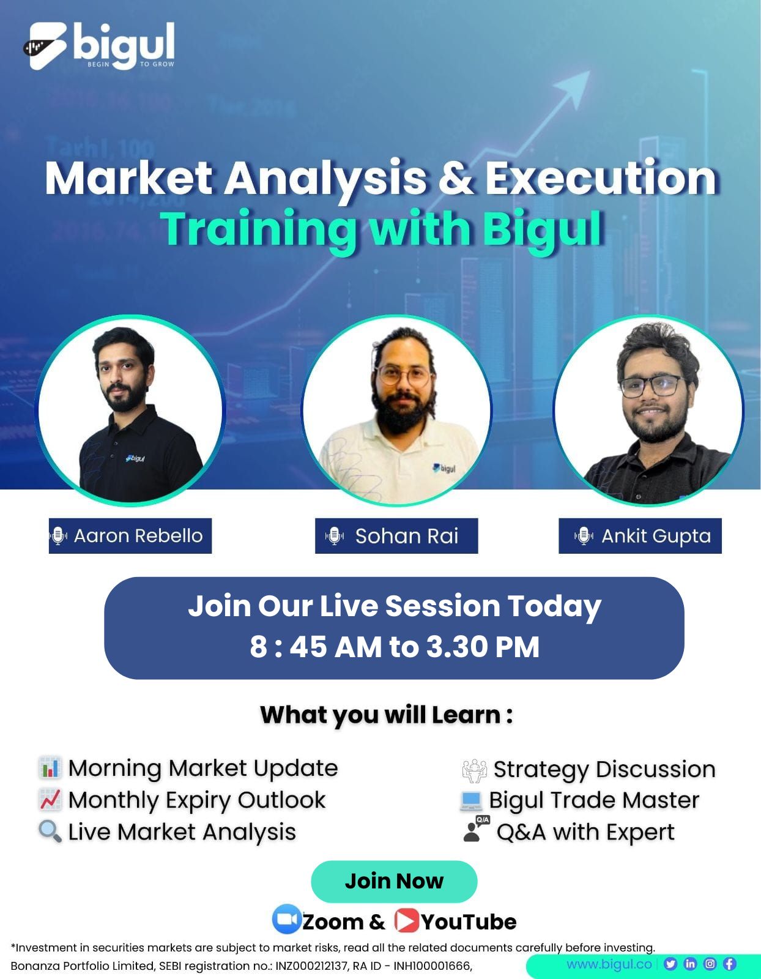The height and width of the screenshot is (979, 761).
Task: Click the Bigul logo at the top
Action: (x=99, y=47)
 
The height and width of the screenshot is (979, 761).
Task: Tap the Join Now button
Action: (x=394, y=881)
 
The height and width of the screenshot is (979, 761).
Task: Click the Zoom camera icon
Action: (x=286, y=918)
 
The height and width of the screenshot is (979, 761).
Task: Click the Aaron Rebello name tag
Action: (x=130, y=535)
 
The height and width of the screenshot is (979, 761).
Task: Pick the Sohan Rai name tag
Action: (x=396, y=535)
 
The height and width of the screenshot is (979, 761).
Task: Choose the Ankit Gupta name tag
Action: (x=640, y=535)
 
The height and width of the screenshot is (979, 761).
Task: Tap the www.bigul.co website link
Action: (x=609, y=964)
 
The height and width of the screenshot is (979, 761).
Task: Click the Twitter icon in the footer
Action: (x=670, y=964)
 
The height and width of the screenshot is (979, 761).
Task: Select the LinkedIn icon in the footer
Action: (x=690, y=964)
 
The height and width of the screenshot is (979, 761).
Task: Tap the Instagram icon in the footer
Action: (x=710, y=964)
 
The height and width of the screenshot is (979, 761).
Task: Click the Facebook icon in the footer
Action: (x=729, y=964)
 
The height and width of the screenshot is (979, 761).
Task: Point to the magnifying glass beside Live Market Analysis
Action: (x=50, y=831)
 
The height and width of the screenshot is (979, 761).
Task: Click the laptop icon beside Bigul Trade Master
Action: (x=471, y=800)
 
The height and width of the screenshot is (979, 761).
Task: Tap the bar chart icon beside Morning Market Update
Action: (x=50, y=768)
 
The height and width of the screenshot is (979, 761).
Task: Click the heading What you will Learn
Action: (x=387, y=715)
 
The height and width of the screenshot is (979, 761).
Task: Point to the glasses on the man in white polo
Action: (x=404, y=376)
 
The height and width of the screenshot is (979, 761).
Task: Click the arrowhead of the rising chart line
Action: (x=574, y=88)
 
